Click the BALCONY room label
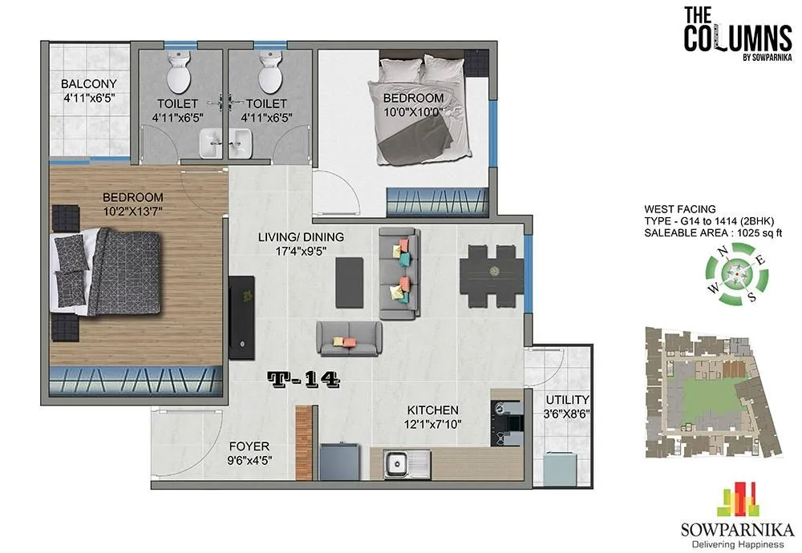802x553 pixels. pos(89,83)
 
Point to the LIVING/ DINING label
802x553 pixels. pos(301,236)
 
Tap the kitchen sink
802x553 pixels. pos(397,462)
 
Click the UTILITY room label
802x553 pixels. pos(567,399)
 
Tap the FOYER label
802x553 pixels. pos(249,446)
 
